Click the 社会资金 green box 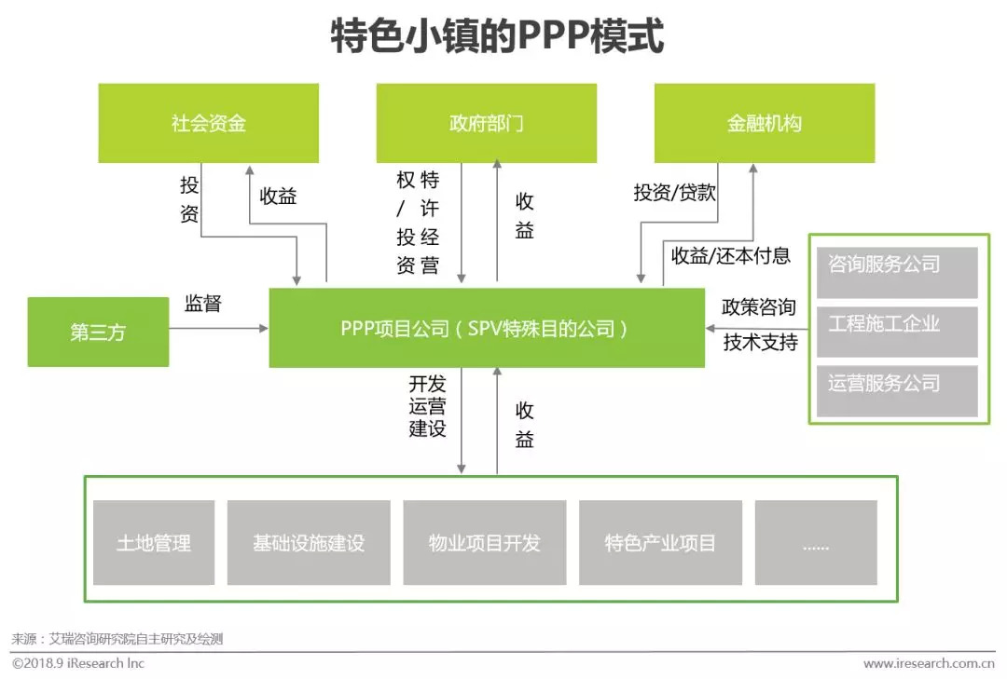click(x=208, y=123)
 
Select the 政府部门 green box click(x=486, y=123)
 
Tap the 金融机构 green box click(x=765, y=123)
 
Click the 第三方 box click(x=98, y=332)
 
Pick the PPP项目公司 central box click(x=487, y=328)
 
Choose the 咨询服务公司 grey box click(x=897, y=272)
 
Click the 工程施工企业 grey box click(x=897, y=332)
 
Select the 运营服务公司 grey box click(x=897, y=391)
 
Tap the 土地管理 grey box click(x=154, y=542)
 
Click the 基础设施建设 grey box click(x=309, y=542)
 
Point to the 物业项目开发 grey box click(x=485, y=542)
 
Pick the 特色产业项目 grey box click(x=661, y=542)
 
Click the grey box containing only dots click(x=816, y=542)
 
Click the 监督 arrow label click(x=203, y=304)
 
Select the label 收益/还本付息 click(x=731, y=256)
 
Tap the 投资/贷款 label click(x=674, y=192)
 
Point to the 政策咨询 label click(x=759, y=306)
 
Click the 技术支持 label click(x=761, y=342)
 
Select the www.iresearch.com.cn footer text click(x=929, y=663)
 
